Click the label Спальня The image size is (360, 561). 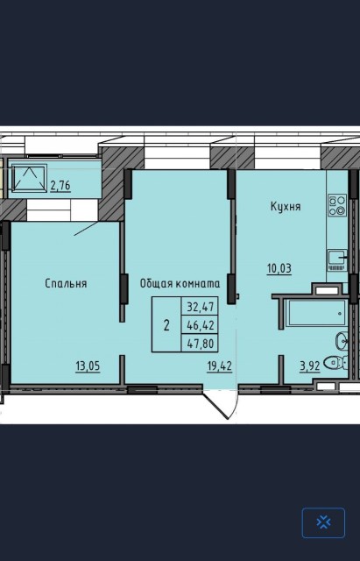pos(67,283)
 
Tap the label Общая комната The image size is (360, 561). pos(180,283)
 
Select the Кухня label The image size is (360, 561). pos(285,207)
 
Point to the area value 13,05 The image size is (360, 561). pos(86,366)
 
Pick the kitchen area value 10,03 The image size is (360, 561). pos(280,267)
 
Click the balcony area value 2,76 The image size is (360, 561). pos(60,185)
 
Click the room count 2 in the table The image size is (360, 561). pos(166,325)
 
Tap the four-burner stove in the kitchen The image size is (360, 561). pos(336,205)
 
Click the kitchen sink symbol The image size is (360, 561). pos(336,257)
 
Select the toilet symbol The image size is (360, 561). pos(334,362)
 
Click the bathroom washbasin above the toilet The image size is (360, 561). pos(340,341)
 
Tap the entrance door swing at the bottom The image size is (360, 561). pos(219,402)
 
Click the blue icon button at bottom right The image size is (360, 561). pos(323,522)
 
